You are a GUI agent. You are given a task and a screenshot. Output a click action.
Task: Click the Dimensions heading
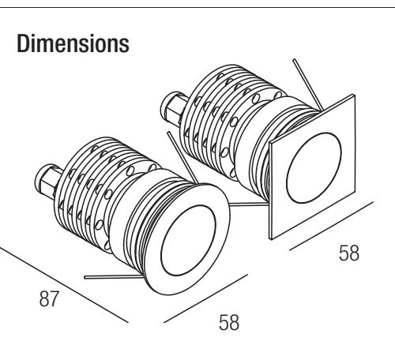pos(73,43)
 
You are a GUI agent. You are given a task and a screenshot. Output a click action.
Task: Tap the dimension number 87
pos(48,298)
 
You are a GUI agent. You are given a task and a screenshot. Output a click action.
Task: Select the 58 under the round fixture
pos(229,322)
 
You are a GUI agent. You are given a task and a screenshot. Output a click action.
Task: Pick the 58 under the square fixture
pos(349,253)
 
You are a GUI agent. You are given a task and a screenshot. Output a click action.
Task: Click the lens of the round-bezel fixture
pos(188,240)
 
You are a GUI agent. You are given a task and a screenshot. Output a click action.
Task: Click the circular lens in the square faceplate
pos(314,168)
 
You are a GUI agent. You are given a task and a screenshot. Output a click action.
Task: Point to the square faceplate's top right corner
pos(354,96)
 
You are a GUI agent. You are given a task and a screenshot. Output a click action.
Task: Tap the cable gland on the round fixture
pos(48,182)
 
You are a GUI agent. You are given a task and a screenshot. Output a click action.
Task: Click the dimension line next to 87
pos(64,285)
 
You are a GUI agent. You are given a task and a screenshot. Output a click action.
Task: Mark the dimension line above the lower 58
pos(205,298)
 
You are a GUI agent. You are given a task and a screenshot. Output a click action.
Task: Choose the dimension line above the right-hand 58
pos(331,226)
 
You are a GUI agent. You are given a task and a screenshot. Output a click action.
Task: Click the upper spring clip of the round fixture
pos(182,158)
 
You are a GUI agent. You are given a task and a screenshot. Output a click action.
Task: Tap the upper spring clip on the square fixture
pos(308,84)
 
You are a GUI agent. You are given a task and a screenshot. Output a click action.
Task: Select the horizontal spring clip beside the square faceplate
pos(249,204)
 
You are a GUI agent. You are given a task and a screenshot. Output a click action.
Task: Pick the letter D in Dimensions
pos(23,43)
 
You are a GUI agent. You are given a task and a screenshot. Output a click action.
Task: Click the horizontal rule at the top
pos(197,8)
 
